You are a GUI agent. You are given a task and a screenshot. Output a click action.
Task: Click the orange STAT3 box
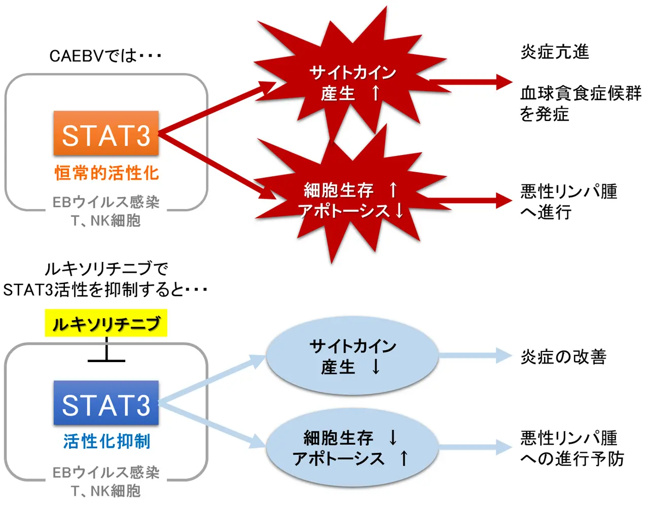click(106, 134)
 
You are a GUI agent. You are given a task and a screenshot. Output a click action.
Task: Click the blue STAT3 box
click(106, 403)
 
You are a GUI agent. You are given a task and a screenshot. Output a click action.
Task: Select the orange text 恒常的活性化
click(106, 173)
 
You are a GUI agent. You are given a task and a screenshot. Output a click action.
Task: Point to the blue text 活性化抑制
click(106, 441)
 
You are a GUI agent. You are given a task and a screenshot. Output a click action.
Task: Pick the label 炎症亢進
click(555, 52)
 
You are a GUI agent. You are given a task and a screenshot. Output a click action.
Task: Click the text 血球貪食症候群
click(581, 93)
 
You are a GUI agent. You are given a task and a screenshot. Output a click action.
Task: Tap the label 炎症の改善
click(563, 357)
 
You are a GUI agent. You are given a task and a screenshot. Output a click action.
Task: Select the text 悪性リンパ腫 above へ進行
click(568, 191)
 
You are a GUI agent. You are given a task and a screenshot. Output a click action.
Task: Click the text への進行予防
click(572, 459)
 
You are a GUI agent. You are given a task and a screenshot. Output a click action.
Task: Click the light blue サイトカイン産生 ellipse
click(352, 356)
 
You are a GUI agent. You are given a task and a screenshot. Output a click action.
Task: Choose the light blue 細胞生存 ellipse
click(352, 448)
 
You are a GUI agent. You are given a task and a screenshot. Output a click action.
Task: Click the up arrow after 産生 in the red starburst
click(376, 93)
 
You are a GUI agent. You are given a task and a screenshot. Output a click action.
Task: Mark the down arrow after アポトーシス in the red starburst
click(400, 211)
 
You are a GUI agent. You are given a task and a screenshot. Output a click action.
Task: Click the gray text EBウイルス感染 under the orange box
click(106, 202)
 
